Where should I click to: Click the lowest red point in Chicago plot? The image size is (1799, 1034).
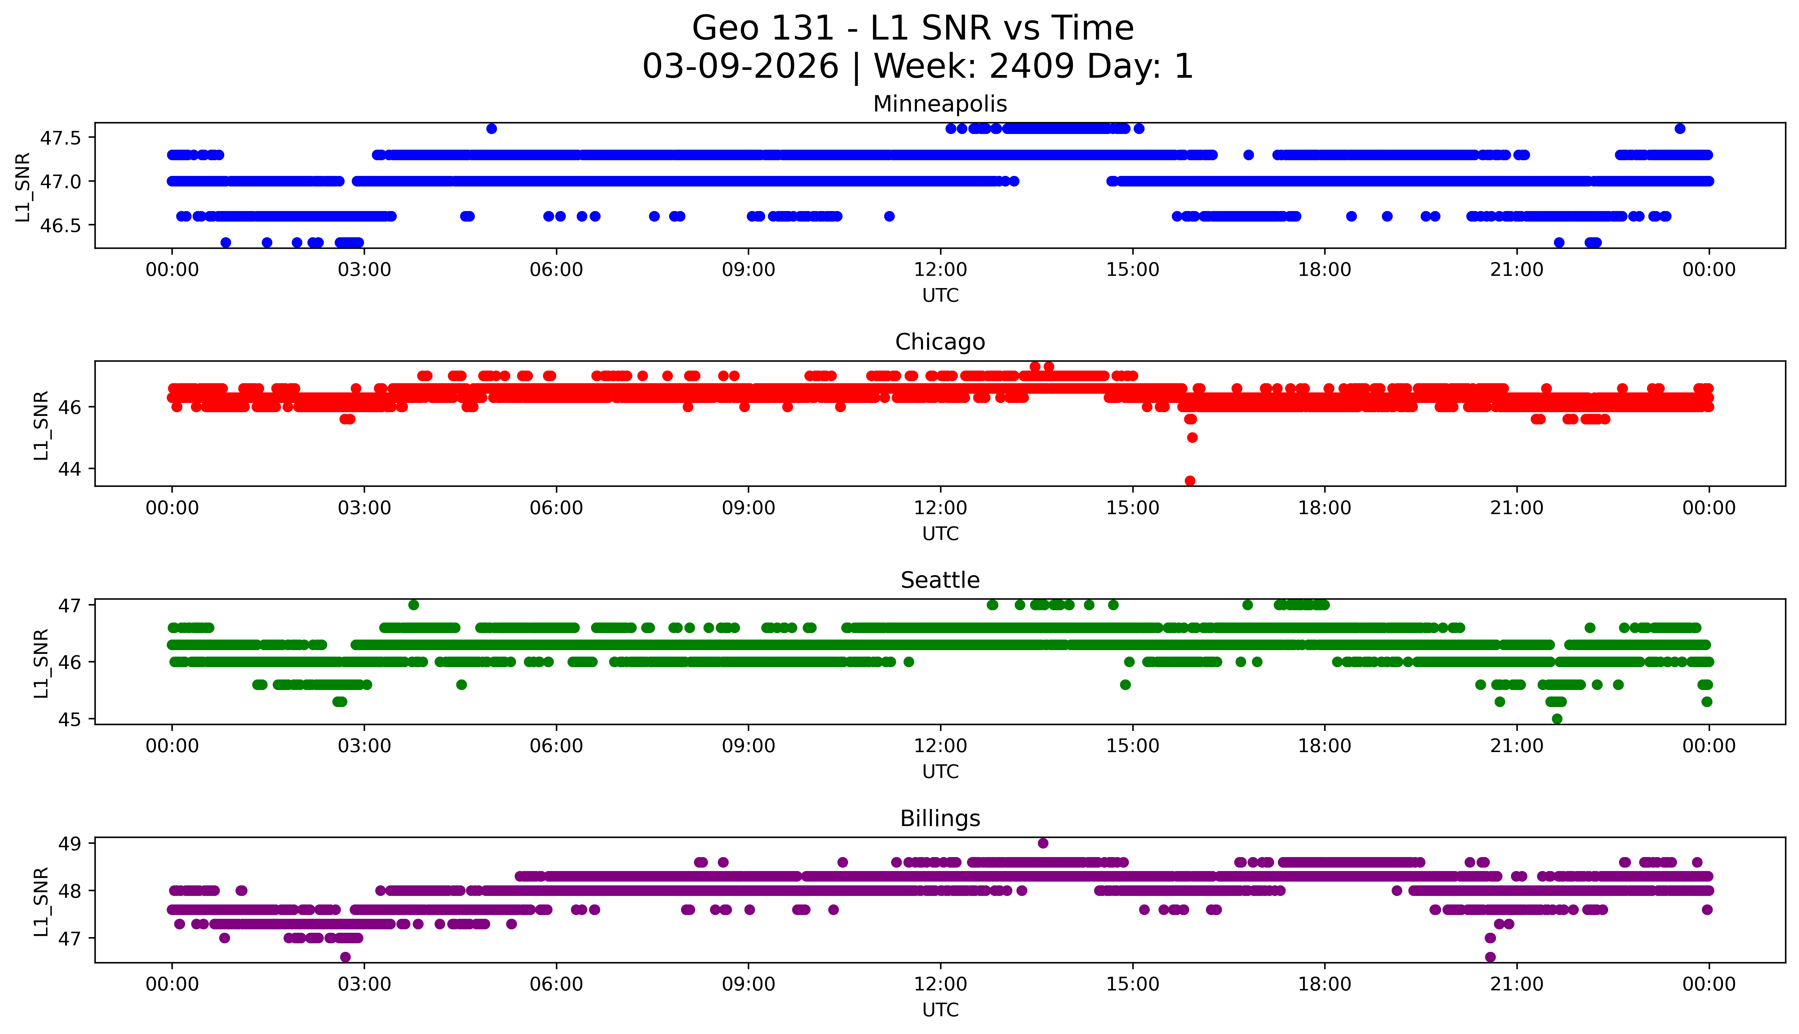pos(1190,481)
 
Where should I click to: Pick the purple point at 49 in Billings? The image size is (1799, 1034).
pos(1043,843)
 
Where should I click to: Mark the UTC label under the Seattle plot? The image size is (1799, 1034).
pos(940,771)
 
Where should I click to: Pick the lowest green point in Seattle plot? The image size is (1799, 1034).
pos(1557,719)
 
